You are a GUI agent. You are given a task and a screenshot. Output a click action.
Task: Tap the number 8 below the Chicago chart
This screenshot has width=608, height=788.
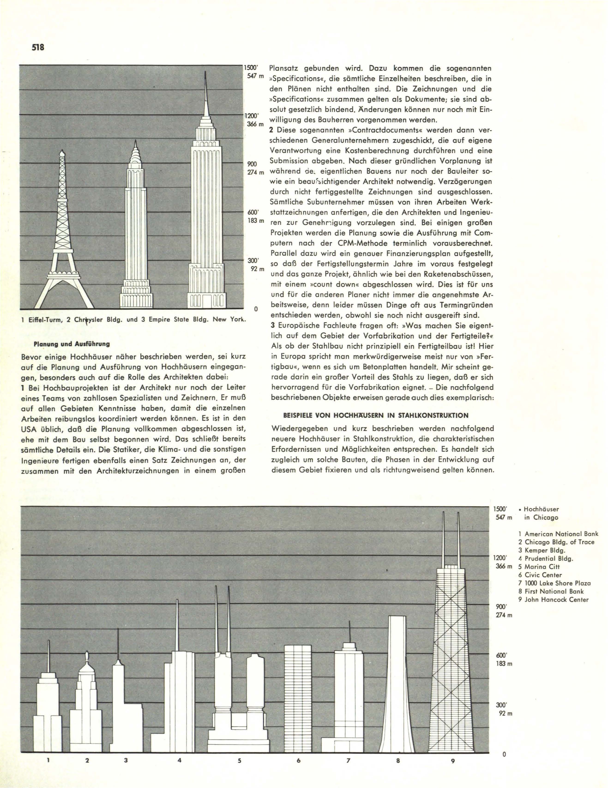point(398,758)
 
